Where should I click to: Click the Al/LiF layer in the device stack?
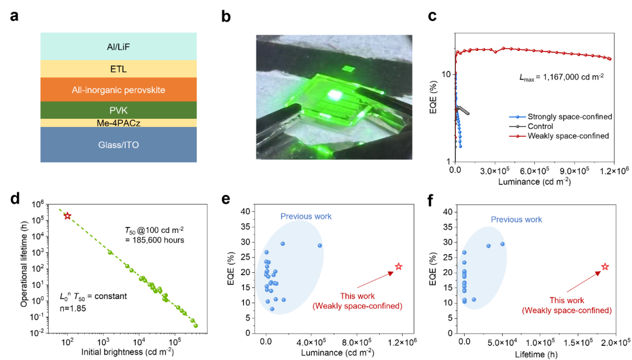[x=118, y=47]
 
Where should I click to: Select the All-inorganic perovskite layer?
[x=118, y=90]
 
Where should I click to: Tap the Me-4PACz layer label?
[x=118, y=123]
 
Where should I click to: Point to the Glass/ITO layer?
[x=118, y=145]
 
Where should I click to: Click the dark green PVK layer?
[x=118, y=110]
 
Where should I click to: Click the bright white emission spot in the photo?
[x=334, y=95]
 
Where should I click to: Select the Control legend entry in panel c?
[x=531, y=126]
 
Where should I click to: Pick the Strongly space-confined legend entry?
[x=561, y=116]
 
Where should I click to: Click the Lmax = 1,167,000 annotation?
[x=561, y=77]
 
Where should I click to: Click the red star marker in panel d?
[x=67, y=215]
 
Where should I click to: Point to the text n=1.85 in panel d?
[x=73, y=308]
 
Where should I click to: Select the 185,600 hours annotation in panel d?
[x=154, y=240]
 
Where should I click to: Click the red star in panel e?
[x=399, y=266]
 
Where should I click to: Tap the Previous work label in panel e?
[x=306, y=217]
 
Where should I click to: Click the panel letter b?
[x=226, y=16]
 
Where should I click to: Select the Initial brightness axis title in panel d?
[x=128, y=352]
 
